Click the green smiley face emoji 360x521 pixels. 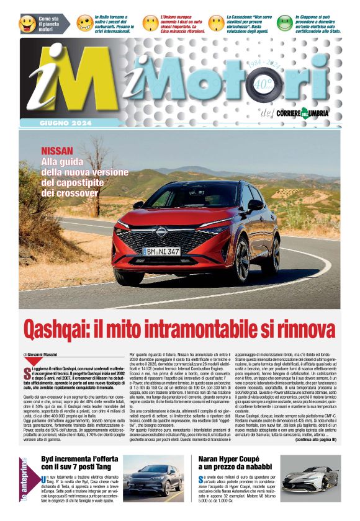tap(285, 24)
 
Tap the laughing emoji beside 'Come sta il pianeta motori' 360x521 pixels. tap(27, 24)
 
